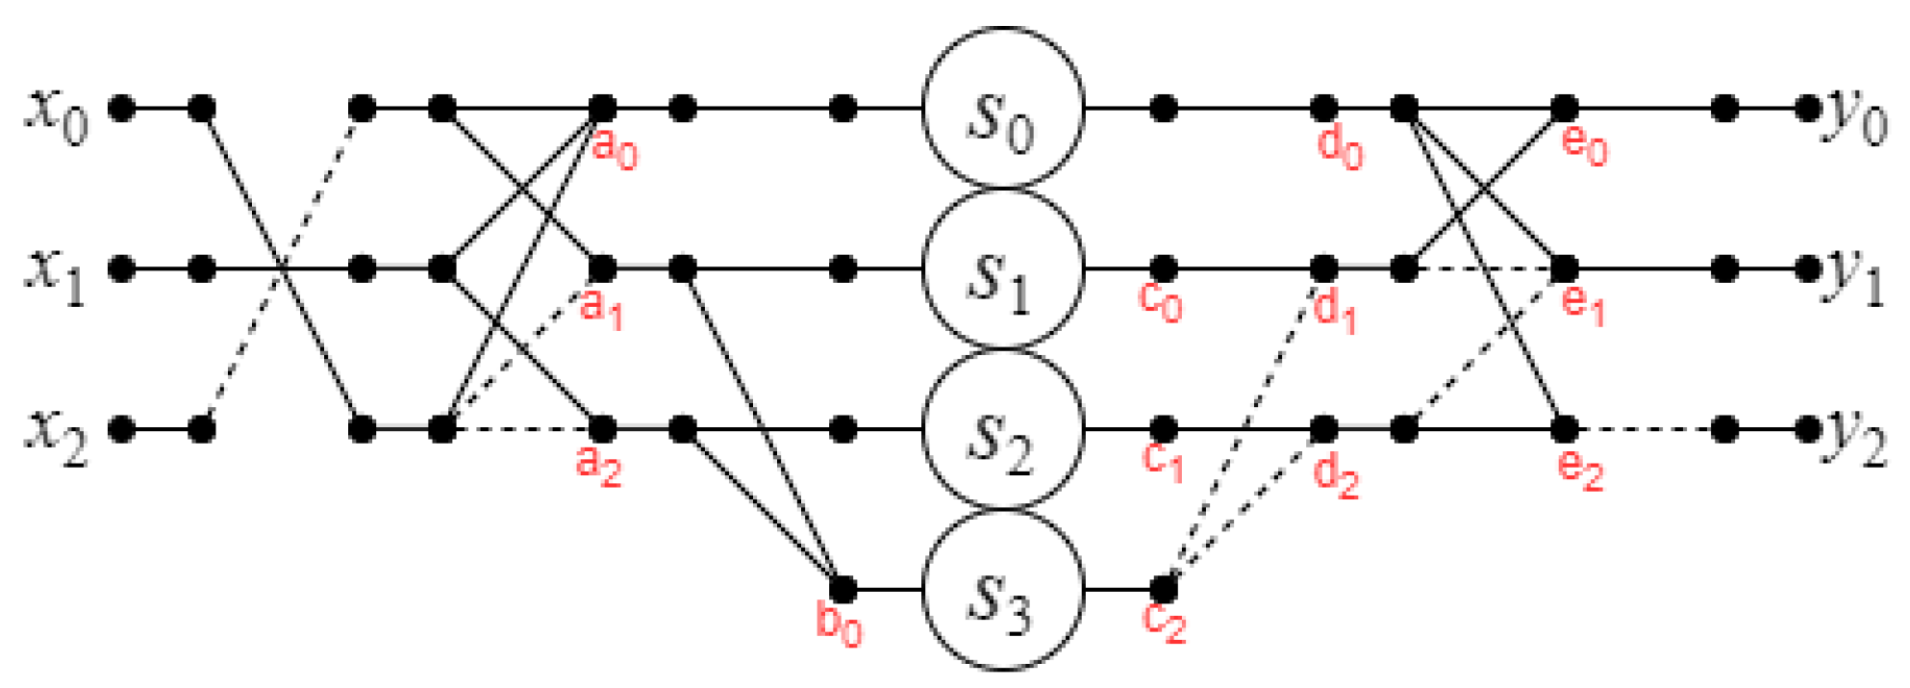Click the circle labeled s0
point(1003,108)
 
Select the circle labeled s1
point(1003,268)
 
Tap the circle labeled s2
point(1003,429)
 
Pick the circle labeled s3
point(1003,590)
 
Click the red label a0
point(615,149)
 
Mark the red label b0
point(839,624)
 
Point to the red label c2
point(1164,622)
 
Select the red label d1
point(1335,310)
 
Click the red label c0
point(1160,302)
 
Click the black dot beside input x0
point(121,108)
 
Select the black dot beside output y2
point(1807,429)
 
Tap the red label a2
point(598,465)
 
